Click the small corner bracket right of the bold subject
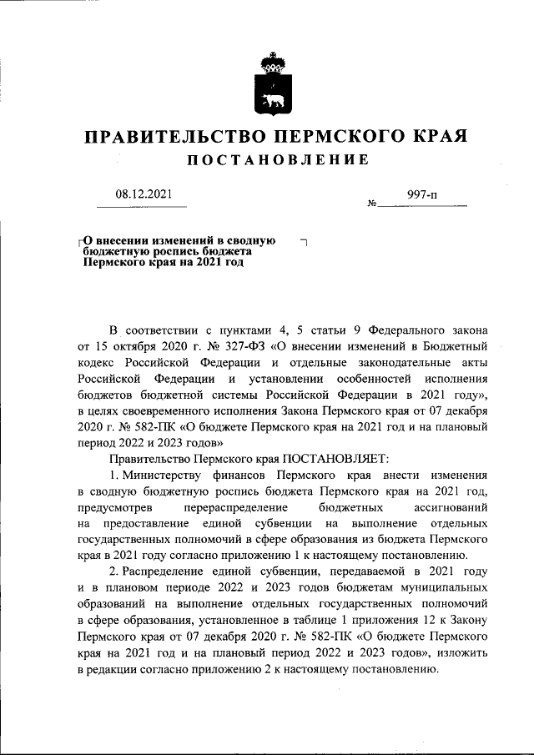(x=303, y=242)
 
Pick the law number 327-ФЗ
(x=223, y=348)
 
